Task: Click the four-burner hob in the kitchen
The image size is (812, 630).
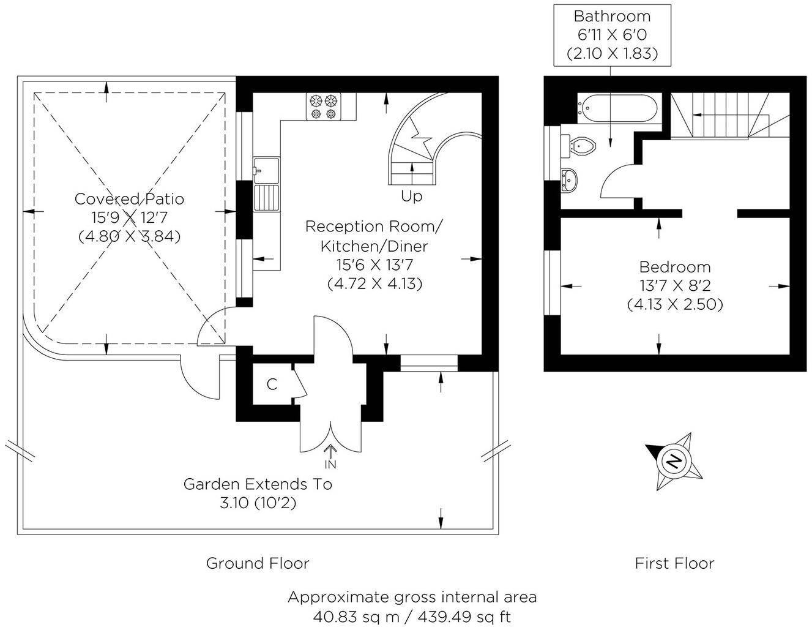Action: [323, 106]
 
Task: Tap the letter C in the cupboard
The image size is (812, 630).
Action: [272, 384]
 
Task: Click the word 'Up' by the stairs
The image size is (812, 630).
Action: [411, 197]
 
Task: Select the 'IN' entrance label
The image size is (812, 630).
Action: [330, 464]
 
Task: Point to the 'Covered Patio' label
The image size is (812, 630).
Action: [129, 199]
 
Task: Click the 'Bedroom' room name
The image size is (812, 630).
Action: [674, 267]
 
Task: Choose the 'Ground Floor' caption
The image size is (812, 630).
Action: [258, 563]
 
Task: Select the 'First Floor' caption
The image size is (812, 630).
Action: [674, 563]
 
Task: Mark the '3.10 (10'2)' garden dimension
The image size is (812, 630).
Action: [258, 503]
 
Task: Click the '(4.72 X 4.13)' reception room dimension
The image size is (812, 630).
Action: [375, 284]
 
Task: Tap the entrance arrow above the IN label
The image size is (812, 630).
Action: [330, 451]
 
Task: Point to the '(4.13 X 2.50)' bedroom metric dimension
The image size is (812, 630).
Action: [675, 304]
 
